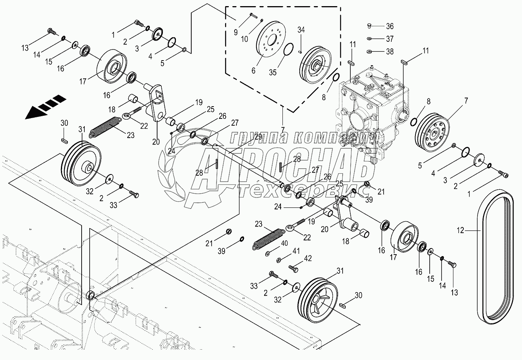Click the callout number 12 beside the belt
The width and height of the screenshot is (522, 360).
460,230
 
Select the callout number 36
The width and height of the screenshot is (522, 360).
390,26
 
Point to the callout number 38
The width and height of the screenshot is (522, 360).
390,51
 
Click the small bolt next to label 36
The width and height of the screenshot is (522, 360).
369,26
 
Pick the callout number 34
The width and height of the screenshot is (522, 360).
301,30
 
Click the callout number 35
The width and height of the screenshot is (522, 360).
272,72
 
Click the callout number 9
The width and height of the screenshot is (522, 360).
236,32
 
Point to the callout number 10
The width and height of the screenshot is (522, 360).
245,39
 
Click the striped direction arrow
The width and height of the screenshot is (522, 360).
46,107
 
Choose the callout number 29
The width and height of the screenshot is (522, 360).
258,137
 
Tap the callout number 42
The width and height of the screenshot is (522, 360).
308,258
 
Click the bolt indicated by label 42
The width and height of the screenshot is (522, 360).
294,268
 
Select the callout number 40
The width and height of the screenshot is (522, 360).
284,243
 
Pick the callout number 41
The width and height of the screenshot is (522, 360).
296,251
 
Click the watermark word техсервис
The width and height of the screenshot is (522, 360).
303,191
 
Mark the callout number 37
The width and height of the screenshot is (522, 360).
390,39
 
